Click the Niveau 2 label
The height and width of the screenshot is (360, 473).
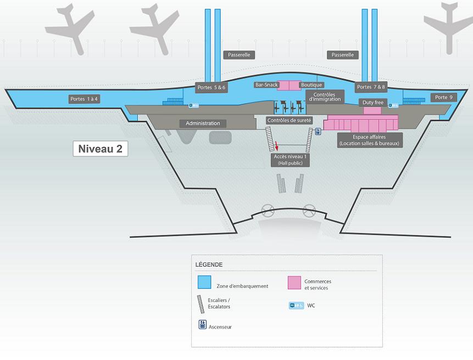pyautogui.click(x=101, y=149)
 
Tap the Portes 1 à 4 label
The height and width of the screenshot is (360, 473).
pyautogui.click(x=84, y=99)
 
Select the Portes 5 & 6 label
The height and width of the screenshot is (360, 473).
pyautogui.click(x=212, y=87)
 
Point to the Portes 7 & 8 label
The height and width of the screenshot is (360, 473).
pyautogui.click(x=371, y=87)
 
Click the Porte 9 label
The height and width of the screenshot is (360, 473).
pyautogui.click(x=443, y=97)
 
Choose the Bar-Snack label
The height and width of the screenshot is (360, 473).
pyautogui.click(x=266, y=85)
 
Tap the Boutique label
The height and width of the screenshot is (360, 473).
pyautogui.click(x=311, y=85)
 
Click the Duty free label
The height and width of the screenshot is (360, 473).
pyautogui.click(x=372, y=103)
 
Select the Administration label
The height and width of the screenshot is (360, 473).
pyautogui.click(x=203, y=123)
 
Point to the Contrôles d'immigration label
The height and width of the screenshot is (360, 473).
pyautogui.click(x=325, y=97)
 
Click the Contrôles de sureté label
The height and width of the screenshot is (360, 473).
pyautogui.click(x=289, y=120)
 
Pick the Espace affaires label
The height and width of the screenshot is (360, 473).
pyautogui.click(x=370, y=140)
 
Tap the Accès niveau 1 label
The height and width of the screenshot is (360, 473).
pyautogui.click(x=291, y=160)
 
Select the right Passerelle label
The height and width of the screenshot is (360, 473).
pyautogui.click(x=343, y=55)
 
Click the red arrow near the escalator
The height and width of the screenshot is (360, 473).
pyautogui.click(x=277, y=146)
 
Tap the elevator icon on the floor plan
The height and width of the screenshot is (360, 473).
pyautogui.click(x=318, y=132)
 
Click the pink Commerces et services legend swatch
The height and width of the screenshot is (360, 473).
pyautogui.click(x=294, y=283)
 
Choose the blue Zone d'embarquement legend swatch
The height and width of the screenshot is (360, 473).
pyautogui.click(x=204, y=282)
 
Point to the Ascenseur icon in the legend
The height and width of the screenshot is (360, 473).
pyautogui.click(x=203, y=324)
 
